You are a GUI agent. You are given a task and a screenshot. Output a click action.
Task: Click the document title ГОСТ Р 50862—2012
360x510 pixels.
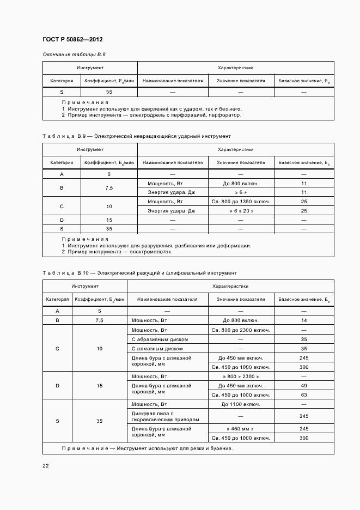(72, 40)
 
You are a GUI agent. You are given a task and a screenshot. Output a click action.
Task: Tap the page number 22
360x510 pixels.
(46, 465)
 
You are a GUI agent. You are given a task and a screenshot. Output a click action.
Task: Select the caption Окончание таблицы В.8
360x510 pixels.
(74, 55)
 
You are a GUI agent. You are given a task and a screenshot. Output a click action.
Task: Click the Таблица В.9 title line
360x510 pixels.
(136, 136)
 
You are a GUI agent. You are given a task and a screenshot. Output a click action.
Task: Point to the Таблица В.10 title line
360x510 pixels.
(139, 272)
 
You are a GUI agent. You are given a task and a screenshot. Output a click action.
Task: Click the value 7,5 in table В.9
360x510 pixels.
(109, 187)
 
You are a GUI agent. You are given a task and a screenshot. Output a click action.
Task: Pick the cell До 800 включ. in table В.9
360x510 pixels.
(241, 183)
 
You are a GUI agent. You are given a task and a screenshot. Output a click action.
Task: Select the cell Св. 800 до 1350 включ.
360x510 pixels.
(241, 202)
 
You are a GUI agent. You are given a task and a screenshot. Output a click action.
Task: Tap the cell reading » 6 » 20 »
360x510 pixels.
(241, 211)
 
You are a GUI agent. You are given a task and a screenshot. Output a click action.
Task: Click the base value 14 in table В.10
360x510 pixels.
(304, 320)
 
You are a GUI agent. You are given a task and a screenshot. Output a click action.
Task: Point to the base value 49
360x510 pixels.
(304, 386)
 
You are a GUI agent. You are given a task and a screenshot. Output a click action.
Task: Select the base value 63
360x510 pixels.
(304, 394)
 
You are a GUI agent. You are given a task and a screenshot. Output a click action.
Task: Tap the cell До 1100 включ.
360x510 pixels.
(241, 404)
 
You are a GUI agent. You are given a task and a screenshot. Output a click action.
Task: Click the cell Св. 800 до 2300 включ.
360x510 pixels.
(241, 330)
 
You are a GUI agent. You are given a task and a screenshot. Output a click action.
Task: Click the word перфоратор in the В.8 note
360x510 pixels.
(223, 115)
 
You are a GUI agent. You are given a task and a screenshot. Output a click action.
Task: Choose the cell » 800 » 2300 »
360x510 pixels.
(241, 377)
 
